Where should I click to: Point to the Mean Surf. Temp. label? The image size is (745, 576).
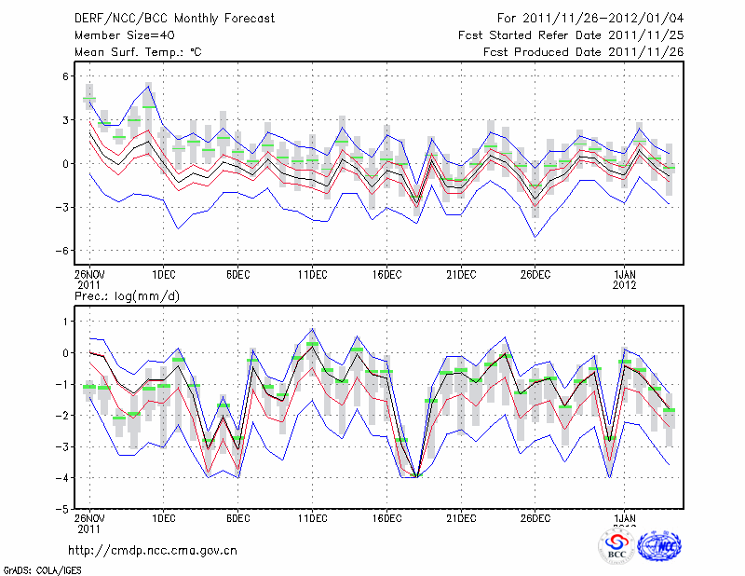(x=138, y=52)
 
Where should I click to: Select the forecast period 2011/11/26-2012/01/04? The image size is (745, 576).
(x=590, y=18)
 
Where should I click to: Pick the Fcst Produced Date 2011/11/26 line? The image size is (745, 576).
(x=583, y=52)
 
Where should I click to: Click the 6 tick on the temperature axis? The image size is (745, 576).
(x=66, y=76)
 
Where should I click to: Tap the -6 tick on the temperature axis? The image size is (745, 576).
(x=64, y=251)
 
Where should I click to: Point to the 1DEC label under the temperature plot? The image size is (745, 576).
(x=164, y=274)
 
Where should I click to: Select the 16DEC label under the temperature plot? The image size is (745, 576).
(x=386, y=274)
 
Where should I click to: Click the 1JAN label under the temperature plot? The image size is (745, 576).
(x=624, y=274)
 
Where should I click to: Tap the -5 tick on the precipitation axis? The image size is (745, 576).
(x=64, y=509)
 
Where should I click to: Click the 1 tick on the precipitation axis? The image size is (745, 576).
(x=67, y=322)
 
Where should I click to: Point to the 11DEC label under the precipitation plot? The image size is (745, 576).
(x=312, y=518)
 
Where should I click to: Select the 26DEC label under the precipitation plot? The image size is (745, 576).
(x=535, y=518)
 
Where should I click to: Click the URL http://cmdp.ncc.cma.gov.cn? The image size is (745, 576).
(x=154, y=550)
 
